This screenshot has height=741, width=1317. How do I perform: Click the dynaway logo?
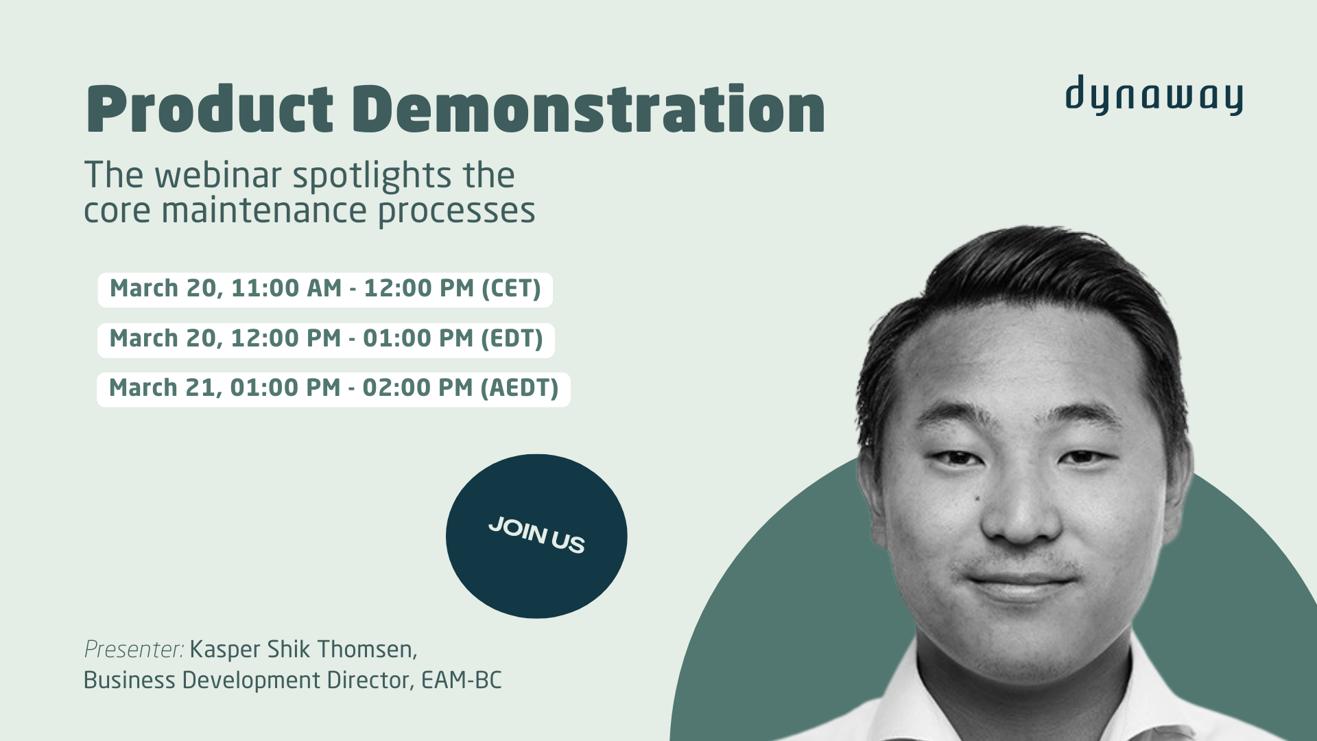point(1154,96)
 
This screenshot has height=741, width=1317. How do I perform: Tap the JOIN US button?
point(536,536)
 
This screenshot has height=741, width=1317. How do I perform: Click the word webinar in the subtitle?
point(218,176)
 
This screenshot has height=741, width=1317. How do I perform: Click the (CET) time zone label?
point(511,289)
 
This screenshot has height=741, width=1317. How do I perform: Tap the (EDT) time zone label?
point(512,339)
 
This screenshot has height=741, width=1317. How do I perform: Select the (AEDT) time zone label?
point(519,388)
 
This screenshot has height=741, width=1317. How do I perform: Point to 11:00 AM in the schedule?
point(286,289)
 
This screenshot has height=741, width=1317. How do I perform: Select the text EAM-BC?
point(461,681)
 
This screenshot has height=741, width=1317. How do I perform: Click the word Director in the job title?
point(370,681)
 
